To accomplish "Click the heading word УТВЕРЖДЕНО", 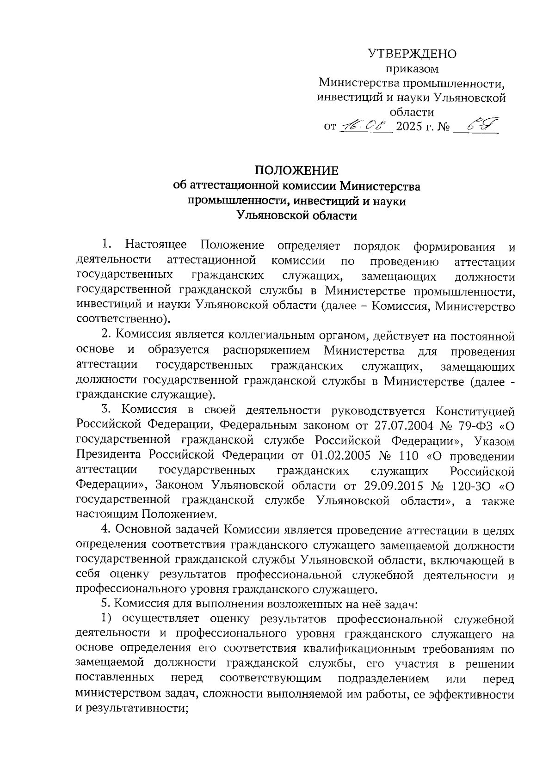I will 412,54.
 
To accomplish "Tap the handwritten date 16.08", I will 365,126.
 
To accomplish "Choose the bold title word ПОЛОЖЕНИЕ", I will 297,171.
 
